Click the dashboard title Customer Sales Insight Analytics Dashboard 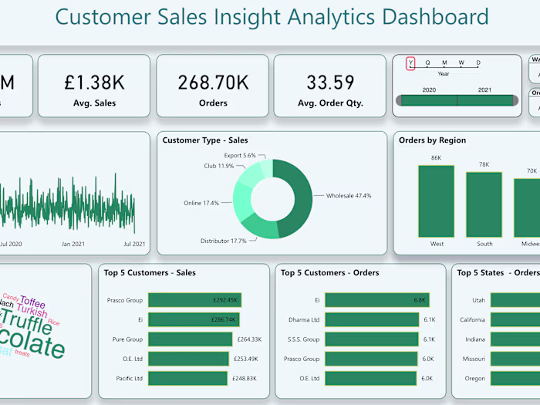point(272,17)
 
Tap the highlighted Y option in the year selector point(410,63)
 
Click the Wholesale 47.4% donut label point(348,196)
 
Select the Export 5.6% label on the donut point(239,155)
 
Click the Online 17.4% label point(201,203)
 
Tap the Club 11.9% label point(219,166)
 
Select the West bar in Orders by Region point(437,201)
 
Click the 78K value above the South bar point(484,164)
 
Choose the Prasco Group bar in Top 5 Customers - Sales point(194,300)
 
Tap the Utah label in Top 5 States point(478,300)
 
